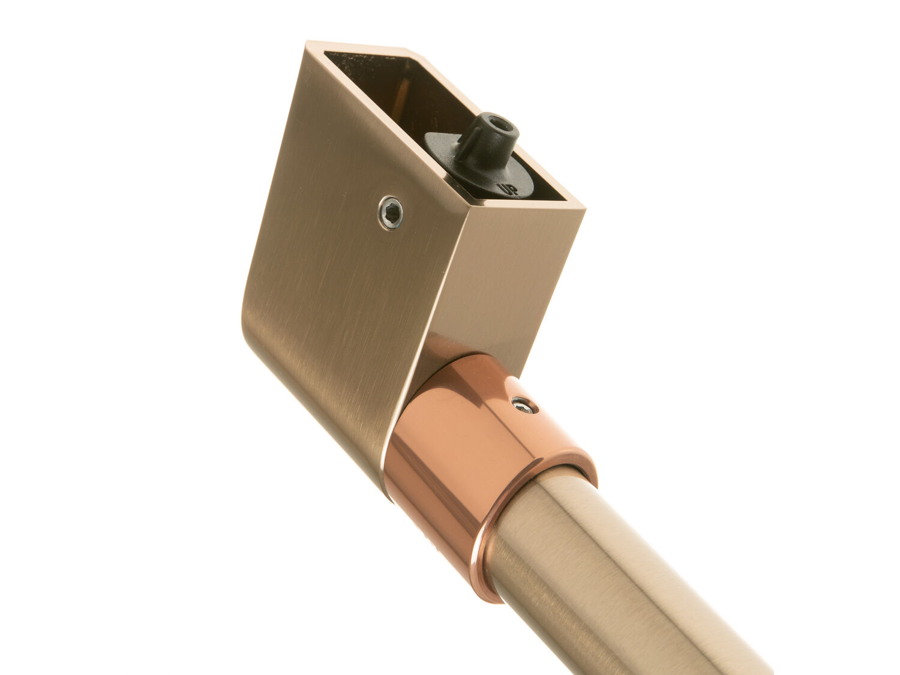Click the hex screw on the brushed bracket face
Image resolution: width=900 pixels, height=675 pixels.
pyautogui.click(x=390, y=213)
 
